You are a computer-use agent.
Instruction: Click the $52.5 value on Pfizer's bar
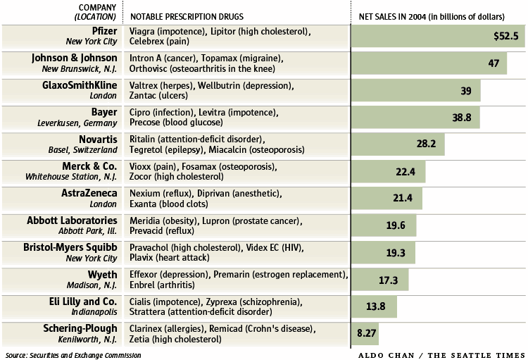(506, 36)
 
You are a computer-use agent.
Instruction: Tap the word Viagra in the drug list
(144, 32)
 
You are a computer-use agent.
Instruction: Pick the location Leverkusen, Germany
(77, 123)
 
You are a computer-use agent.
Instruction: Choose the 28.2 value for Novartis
(426, 144)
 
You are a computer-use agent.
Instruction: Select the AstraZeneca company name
(87, 193)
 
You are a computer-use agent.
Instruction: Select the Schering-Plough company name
(78, 328)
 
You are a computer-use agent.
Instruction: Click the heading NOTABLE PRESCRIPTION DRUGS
(184, 15)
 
